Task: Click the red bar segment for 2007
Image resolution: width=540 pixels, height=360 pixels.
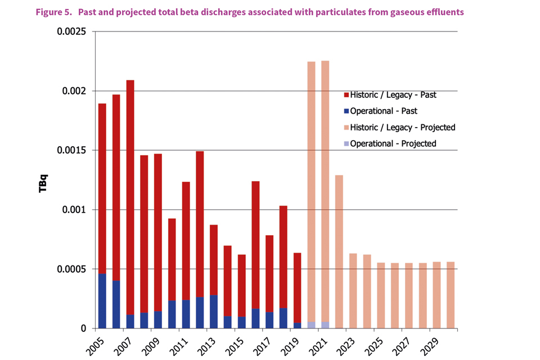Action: [130, 197]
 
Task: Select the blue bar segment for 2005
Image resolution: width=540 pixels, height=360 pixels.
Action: [102, 301]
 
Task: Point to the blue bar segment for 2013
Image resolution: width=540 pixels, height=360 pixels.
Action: [214, 311]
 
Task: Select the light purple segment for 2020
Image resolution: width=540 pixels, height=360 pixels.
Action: [311, 325]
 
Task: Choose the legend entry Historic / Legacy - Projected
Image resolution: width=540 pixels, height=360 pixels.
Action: [402, 128]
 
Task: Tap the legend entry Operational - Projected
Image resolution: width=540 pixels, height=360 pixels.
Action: [393, 143]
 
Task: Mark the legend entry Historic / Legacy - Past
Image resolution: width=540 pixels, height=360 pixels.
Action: [392, 95]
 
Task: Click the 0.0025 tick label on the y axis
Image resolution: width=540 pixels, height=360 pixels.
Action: [70, 31]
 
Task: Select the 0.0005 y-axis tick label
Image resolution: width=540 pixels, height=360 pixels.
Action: [70, 269]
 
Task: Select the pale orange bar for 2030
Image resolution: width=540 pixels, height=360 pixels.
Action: [450, 295]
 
